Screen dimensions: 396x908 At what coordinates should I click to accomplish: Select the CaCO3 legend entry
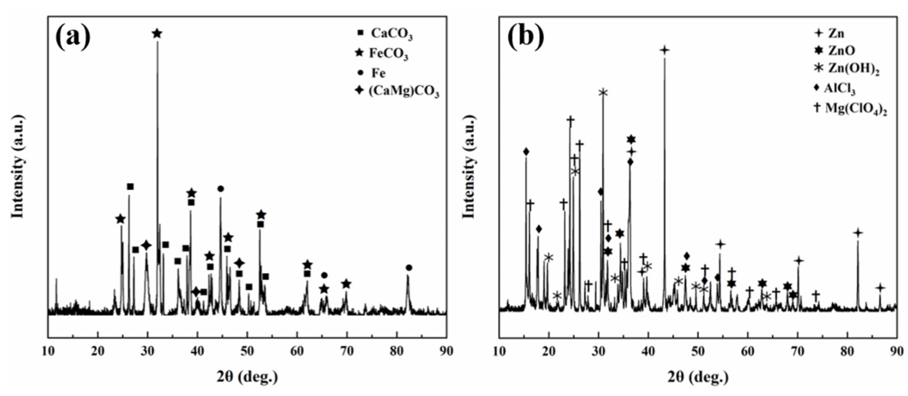[x=385, y=34]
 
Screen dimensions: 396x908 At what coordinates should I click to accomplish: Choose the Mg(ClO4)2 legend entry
[x=849, y=108]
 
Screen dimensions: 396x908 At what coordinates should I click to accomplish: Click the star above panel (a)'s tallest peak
[x=157, y=34]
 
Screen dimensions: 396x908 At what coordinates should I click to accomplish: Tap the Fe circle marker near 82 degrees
[x=409, y=267]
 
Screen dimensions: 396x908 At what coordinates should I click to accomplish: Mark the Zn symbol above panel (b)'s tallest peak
[x=664, y=50]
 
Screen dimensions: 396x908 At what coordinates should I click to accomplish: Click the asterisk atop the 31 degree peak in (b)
[x=603, y=93]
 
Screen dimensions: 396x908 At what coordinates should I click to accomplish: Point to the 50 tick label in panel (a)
[x=247, y=351]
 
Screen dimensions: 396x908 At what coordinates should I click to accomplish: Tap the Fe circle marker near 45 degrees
[x=220, y=189]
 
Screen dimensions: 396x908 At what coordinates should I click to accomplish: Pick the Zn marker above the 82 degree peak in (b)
[x=858, y=233]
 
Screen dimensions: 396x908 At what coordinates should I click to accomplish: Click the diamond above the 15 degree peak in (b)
[x=526, y=152]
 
